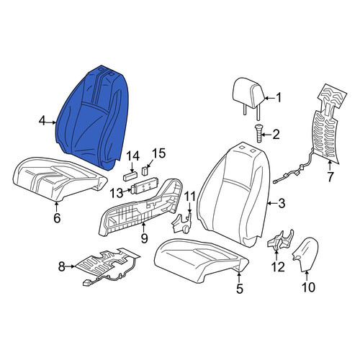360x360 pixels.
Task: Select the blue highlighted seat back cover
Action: point(92,117)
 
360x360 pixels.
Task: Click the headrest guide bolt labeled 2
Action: point(258,132)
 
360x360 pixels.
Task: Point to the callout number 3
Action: point(282,203)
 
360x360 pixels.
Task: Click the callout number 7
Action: point(330,177)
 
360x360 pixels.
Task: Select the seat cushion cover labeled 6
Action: point(59,179)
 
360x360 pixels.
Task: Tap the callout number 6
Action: point(57,218)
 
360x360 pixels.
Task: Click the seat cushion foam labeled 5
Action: point(201,261)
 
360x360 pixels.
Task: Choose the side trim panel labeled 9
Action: point(140,207)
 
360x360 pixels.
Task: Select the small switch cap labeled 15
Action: point(145,171)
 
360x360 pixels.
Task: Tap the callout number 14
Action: point(132,156)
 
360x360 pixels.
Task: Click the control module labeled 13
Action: point(143,187)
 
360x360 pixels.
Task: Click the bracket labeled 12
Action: point(280,240)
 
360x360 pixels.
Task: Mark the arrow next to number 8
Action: point(71,266)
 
